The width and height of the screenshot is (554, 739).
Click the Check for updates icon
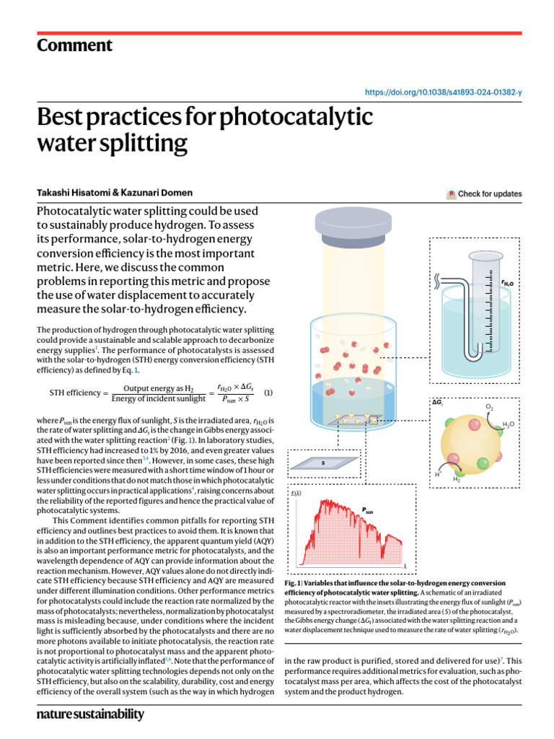[x=452, y=193]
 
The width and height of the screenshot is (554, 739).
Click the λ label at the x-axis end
[x=405, y=565]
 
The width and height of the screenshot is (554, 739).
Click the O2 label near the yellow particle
[x=489, y=408]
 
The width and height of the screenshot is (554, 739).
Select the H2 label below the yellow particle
[x=456, y=479]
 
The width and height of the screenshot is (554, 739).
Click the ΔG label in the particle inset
[x=437, y=401]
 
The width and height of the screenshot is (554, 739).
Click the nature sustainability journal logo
[x=90, y=714]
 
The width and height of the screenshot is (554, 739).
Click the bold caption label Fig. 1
[x=294, y=582]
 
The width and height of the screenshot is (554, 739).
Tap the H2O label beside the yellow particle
[x=509, y=424]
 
